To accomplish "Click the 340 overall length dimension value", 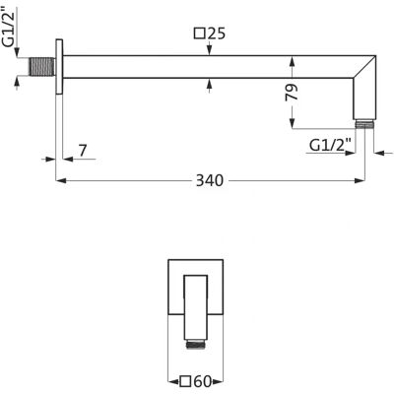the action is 210,180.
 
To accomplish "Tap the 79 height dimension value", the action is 292,93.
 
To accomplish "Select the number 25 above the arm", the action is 217,33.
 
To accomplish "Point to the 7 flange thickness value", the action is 83,151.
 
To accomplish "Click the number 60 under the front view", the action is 203,382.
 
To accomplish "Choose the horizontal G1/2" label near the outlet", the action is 331,145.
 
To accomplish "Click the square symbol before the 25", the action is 200,33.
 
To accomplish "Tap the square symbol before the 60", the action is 186,382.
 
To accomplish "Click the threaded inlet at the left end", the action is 42,67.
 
